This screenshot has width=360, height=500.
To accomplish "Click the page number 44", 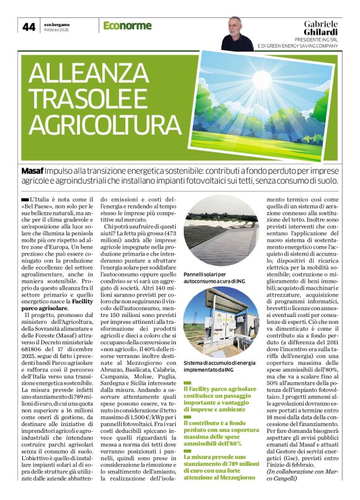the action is pos(29,27).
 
